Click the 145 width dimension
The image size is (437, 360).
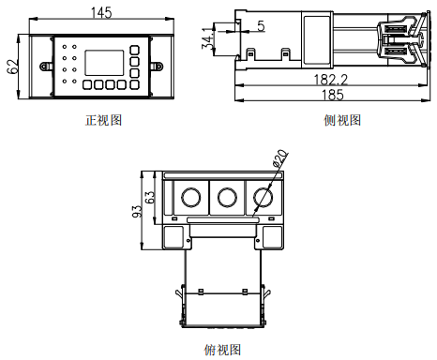pyautogui.click(x=101, y=13)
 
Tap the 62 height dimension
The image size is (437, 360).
pyautogui.click(x=13, y=67)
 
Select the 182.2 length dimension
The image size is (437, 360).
pyautogui.click(x=331, y=80)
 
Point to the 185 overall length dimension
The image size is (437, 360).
pyautogui.click(x=333, y=95)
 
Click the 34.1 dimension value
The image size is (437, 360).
pyautogui.click(x=207, y=38)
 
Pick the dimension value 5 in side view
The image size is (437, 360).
pyautogui.click(x=261, y=26)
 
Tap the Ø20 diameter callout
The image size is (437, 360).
pyautogui.click(x=280, y=158)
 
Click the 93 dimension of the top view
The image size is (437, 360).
pyautogui.click(x=137, y=211)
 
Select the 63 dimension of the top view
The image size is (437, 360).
pyautogui.click(x=150, y=197)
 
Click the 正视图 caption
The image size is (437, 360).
pyautogui.click(x=103, y=120)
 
